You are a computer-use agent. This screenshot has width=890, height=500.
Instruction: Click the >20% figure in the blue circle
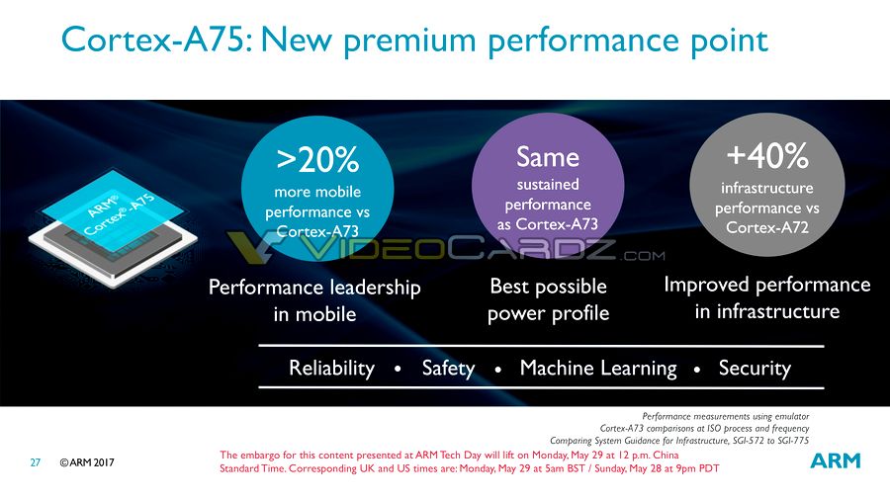click(317, 159)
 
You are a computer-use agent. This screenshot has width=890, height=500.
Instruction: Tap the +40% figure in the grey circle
click(767, 155)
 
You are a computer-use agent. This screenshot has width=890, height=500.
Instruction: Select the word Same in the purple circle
click(548, 156)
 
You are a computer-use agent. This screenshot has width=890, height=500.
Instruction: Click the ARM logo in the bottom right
click(835, 460)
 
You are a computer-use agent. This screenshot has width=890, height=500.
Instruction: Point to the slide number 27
click(36, 462)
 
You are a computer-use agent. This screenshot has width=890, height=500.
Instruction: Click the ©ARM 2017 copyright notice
click(87, 462)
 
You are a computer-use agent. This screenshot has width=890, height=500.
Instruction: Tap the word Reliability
click(331, 369)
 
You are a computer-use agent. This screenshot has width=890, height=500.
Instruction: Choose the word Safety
click(448, 369)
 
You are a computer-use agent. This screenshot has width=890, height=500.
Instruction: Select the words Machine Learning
click(598, 369)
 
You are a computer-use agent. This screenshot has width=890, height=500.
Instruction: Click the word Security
click(755, 369)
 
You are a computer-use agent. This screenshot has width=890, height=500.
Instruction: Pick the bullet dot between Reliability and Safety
click(398, 369)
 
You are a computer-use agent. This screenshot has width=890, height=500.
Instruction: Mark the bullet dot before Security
click(697, 369)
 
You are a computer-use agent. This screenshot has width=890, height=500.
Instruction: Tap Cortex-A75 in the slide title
click(153, 40)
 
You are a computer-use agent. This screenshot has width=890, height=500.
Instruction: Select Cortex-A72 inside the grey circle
click(767, 228)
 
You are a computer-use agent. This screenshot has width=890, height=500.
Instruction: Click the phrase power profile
click(548, 313)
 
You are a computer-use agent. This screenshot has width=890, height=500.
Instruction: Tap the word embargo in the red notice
click(262, 456)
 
